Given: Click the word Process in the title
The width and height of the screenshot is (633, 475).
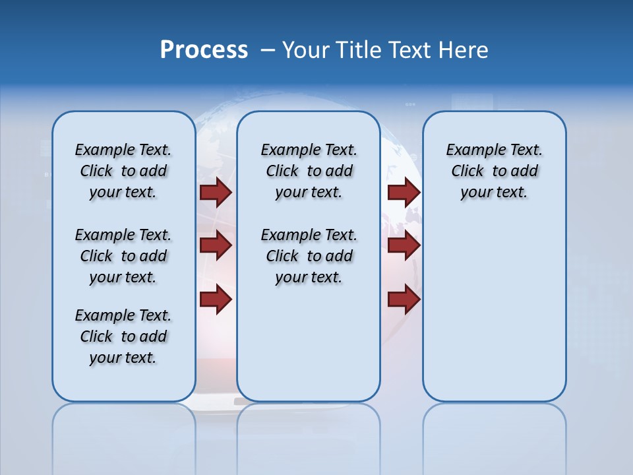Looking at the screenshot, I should point(204,49).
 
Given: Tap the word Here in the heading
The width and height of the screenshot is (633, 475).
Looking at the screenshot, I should point(464,49).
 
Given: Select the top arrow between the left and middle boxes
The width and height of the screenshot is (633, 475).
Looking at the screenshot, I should point(216,192).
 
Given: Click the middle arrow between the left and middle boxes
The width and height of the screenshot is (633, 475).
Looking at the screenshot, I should point(216,245).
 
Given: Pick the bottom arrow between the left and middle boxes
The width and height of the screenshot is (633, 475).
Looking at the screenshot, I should point(216,300).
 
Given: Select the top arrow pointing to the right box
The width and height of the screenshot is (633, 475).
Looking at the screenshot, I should point(404,192).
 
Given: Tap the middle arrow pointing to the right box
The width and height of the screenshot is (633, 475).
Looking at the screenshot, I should point(404,245).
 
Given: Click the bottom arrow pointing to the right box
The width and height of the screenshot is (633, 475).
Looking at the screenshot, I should point(404,300).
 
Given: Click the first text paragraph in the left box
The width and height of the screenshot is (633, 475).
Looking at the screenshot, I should point(123,171).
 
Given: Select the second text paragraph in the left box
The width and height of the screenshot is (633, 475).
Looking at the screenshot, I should point(123,256).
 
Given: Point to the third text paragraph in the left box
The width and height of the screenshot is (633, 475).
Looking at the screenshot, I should point(123,336).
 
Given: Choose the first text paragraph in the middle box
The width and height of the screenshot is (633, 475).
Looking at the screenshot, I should point(309,171).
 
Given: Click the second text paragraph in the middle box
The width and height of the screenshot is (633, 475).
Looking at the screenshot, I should point(309,256).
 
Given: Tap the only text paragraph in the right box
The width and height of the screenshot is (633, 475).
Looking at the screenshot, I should point(494,171).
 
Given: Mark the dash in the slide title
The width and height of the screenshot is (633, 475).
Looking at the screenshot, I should point(268,50).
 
